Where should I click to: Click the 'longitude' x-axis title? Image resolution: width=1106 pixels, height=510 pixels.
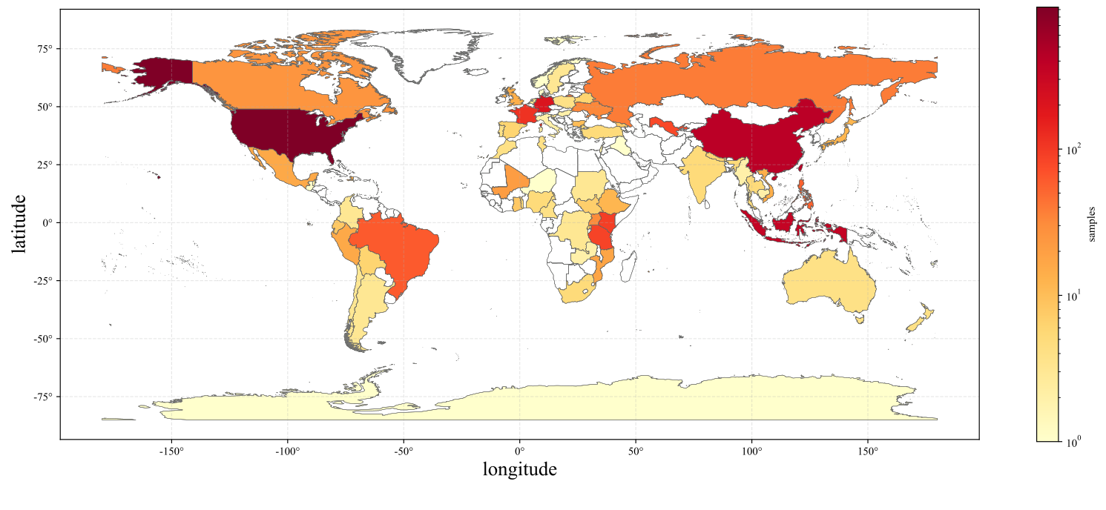coord(519,469)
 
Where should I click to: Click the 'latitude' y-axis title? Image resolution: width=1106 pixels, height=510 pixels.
coord(19,223)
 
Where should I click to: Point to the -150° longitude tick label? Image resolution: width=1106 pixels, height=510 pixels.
coord(171,451)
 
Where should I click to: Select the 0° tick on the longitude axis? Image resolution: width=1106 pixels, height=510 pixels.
coord(519,451)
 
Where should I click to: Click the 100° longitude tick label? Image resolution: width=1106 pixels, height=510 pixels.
coord(751,451)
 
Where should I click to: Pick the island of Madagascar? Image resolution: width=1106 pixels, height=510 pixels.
coord(629,267)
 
